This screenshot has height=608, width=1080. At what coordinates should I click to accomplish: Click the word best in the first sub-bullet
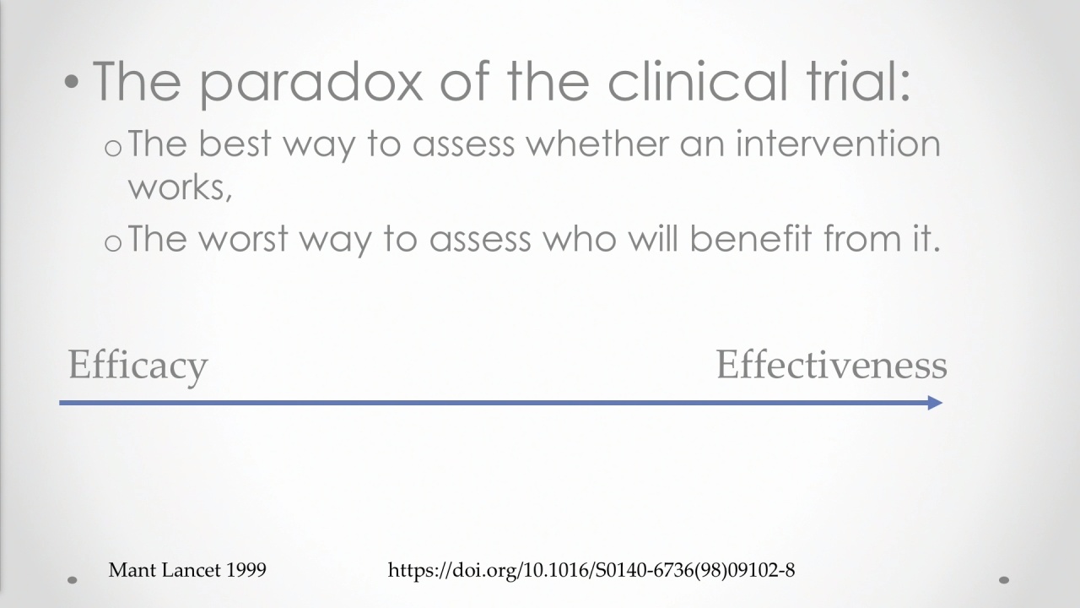(235, 144)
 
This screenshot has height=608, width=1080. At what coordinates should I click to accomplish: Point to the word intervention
(838, 144)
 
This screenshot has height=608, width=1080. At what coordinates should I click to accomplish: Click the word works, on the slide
(180, 187)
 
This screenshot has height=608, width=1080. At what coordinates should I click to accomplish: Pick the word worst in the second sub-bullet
(244, 238)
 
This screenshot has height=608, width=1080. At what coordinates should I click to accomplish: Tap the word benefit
(751, 238)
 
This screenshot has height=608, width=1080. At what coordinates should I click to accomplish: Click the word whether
(597, 144)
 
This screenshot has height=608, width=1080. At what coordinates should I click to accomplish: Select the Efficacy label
(138, 366)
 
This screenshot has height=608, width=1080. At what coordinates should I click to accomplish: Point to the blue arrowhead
(935, 403)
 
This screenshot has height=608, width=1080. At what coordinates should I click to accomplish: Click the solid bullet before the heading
(72, 82)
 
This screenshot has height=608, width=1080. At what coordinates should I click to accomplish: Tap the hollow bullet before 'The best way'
(113, 149)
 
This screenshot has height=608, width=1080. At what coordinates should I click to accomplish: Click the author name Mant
(132, 570)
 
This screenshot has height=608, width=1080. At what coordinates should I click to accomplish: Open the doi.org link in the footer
(591, 570)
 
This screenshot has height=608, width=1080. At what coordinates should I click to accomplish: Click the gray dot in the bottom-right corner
(1004, 580)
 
